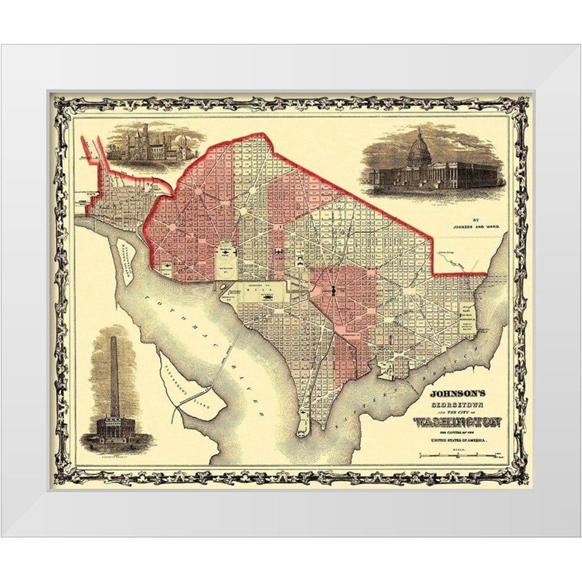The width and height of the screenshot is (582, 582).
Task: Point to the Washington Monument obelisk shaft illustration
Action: point(114,375)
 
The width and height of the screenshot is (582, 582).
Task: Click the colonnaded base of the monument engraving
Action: point(115,428)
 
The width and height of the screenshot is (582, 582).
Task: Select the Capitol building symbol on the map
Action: point(333,290)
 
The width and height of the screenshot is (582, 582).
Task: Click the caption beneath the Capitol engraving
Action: point(433,197)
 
